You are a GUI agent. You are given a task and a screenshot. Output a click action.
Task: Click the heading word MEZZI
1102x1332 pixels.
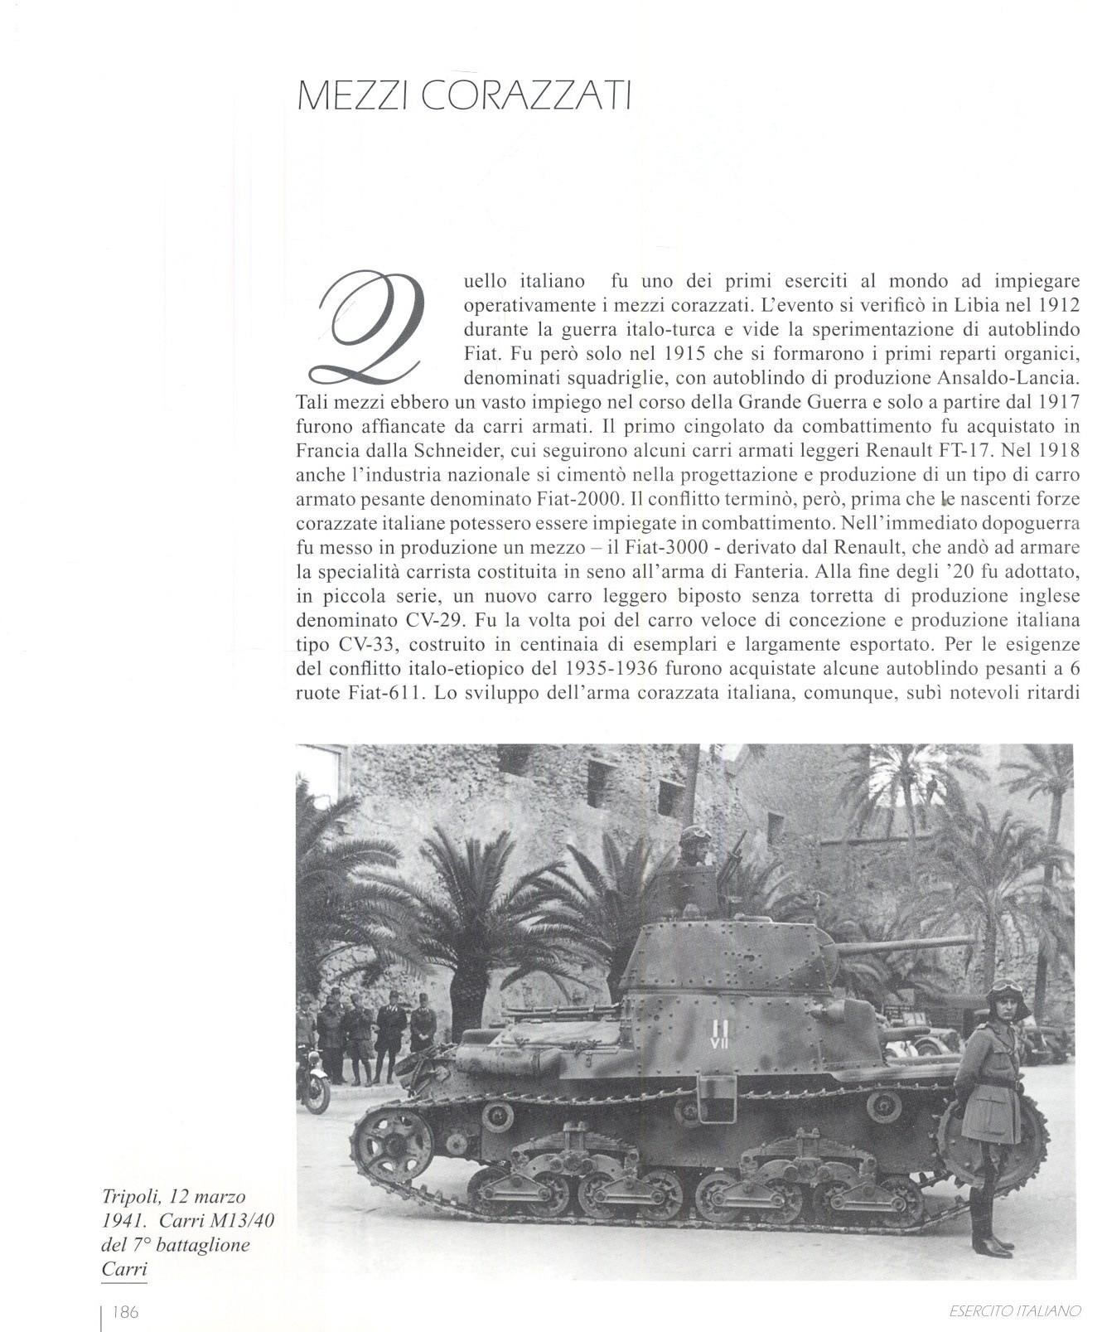[x=352, y=96]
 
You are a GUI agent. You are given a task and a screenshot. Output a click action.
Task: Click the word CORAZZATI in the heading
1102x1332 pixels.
[x=526, y=96]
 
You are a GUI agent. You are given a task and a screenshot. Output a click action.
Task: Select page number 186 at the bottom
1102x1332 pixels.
[x=125, y=1311]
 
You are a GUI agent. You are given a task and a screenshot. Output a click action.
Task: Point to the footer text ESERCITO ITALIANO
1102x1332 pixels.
[x=1014, y=1311]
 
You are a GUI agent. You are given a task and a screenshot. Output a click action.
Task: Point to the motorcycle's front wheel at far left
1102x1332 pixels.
[x=315, y=1092]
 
